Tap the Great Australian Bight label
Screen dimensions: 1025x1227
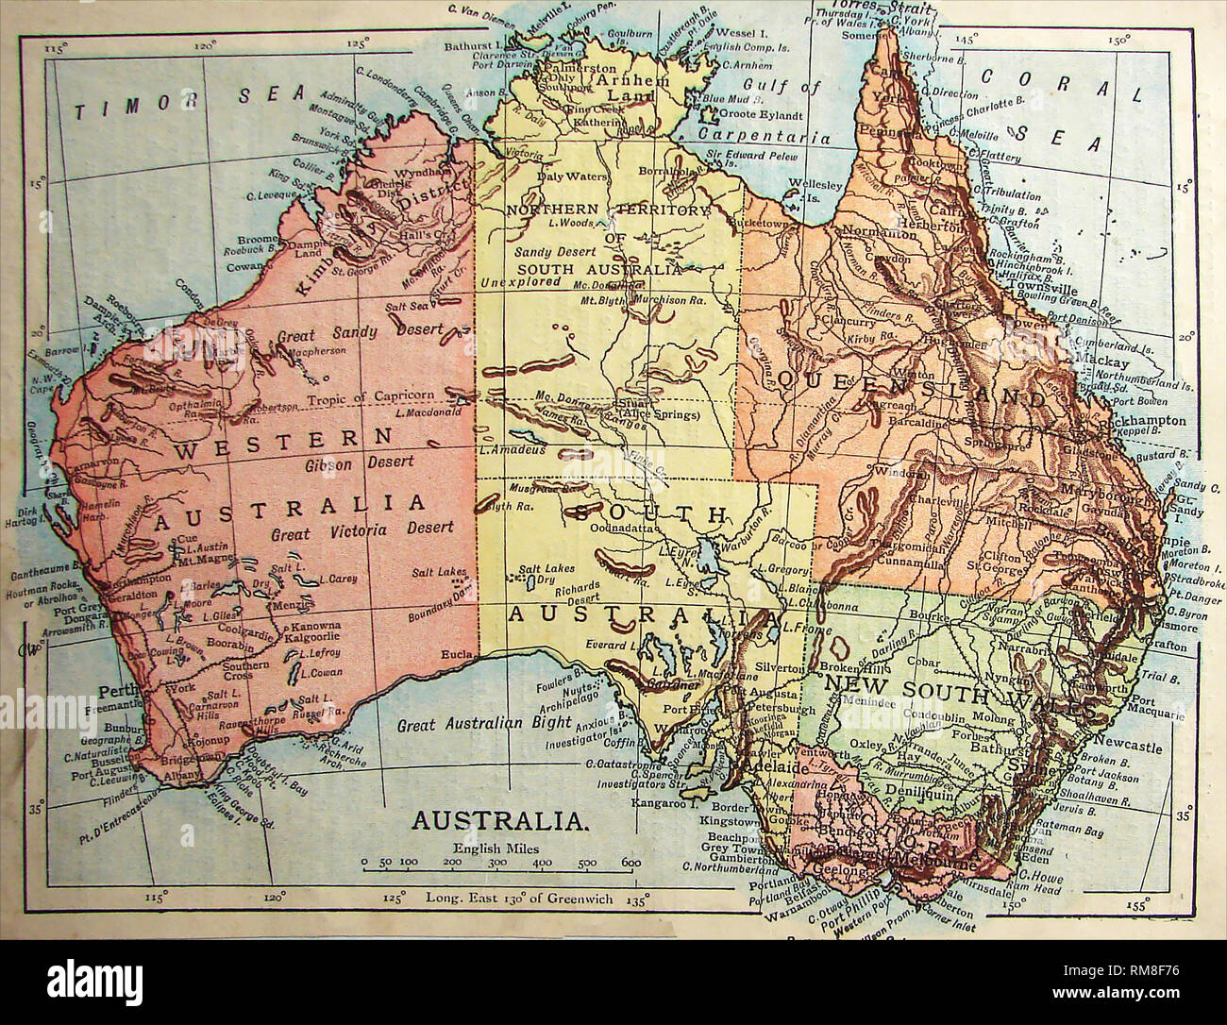click(x=484, y=724)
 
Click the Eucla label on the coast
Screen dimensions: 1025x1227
click(x=455, y=655)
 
